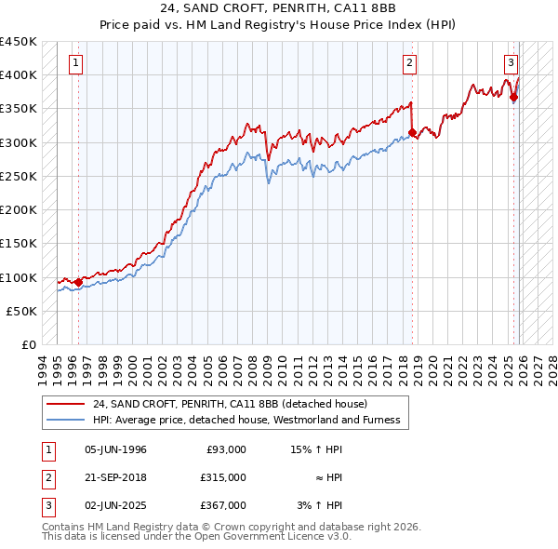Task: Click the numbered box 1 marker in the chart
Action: tap(77, 63)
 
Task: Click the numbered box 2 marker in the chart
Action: tap(409, 63)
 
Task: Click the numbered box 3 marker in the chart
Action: tap(511, 63)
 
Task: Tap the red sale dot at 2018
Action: tap(413, 133)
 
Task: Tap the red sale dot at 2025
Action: tap(513, 97)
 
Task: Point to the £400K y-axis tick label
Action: tap(19, 75)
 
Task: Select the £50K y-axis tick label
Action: tap(21, 312)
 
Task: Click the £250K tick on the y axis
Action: tap(19, 177)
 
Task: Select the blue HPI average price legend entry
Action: tap(246, 421)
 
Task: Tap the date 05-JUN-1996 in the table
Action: tap(115, 449)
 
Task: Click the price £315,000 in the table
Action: tap(224, 477)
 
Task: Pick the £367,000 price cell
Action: tap(224, 505)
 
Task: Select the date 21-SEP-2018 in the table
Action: tap(115, 477)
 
